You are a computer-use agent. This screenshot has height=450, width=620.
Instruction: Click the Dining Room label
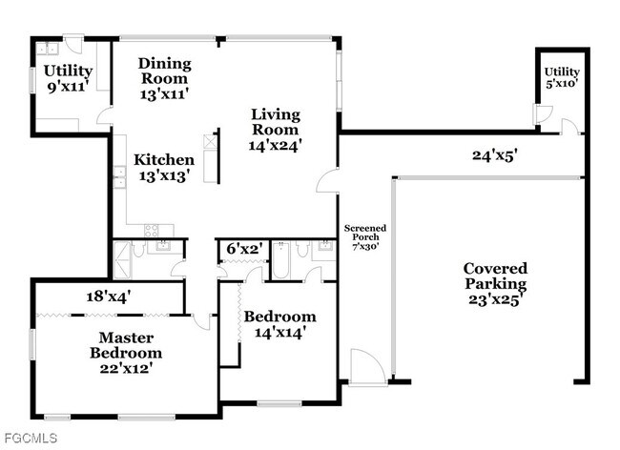click(x=164, y=79)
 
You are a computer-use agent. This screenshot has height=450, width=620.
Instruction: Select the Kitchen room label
click(x=163, y=167)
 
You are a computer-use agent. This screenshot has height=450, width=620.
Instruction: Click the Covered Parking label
click(x=495, y=283)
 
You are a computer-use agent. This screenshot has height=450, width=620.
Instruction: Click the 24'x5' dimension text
click(x=494, y=154)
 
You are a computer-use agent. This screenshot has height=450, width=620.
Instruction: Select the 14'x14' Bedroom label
click(x=279, y=324)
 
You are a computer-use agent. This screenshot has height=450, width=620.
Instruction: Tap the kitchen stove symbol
click(x=152, y=230)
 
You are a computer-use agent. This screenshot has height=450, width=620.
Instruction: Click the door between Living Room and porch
click(x=327, y=181)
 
